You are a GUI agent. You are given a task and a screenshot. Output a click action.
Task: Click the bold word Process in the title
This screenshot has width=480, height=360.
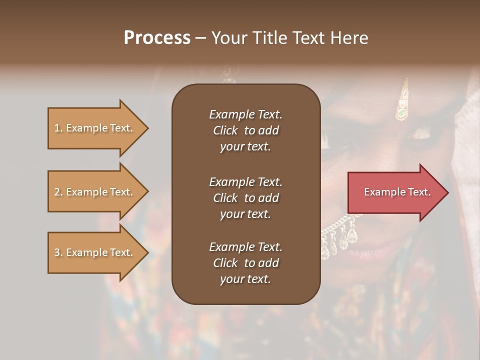[x=156, y=37]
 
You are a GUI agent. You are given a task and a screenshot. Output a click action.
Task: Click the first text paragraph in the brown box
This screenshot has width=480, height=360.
[x=245, y=130]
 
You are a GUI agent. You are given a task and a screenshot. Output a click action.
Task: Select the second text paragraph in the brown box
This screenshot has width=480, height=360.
[x=245, y=197]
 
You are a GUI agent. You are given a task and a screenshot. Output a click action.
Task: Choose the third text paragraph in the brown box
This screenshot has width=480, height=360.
[x=245, y=263]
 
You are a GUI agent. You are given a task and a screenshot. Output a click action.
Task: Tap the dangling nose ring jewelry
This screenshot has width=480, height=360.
[x=340, y=235]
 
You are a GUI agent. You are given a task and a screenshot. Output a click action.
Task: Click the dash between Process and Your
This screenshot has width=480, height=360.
[x=200, y=38]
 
